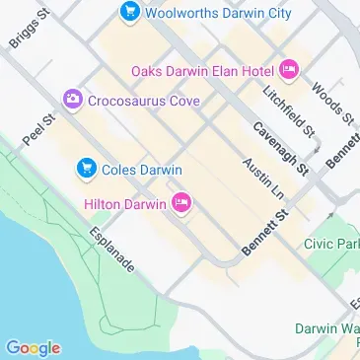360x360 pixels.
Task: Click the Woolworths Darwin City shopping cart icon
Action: coord(129,13)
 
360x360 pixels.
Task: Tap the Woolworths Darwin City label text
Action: coord(218,13)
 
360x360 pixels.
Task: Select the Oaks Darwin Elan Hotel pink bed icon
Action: coord(289,69)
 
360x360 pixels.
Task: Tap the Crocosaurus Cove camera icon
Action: coord(72,100)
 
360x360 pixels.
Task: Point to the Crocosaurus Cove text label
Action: coord(144,100)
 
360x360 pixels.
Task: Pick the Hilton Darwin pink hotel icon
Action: coord(181,204)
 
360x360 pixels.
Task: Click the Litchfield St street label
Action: coord(288,110)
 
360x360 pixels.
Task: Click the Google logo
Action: coord(33,347)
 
